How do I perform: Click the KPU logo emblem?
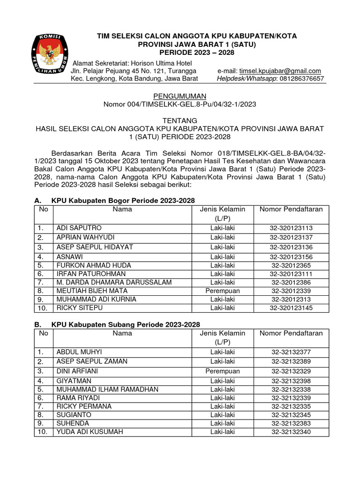point(49,55)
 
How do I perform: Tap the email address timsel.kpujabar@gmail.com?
point(280,71)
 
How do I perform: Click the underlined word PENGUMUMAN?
point(180,96)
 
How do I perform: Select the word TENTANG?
point(180,120)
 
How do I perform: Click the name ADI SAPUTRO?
point(79,228)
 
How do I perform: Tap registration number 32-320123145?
point(291,308)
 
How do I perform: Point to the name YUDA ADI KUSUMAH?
point(90,432)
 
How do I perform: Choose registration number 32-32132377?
point(291,352)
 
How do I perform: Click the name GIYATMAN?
point(74,381)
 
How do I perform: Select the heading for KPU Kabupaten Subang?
point(125,324)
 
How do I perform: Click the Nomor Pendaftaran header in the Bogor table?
point(291,210)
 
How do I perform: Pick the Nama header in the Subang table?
point(122,333)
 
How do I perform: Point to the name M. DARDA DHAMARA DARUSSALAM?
point(114,282)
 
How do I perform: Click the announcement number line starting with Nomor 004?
point(180,104)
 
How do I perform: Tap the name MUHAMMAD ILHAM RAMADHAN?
point(107,390)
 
